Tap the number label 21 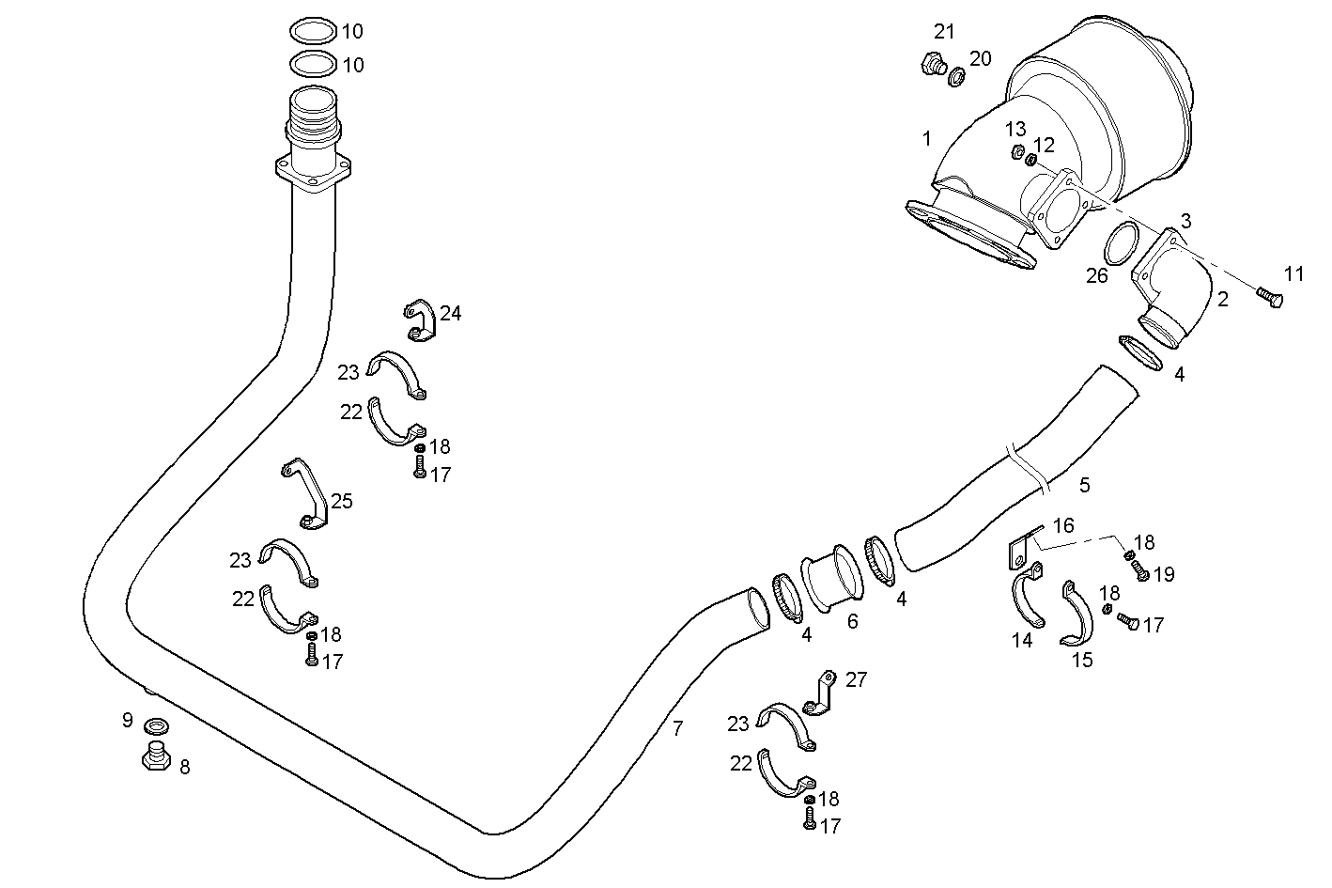coord(944,32)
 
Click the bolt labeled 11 coord(1269,297)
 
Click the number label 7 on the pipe coord(677,726)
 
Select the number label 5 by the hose coord(1085,485)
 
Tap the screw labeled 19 coord(1141,572)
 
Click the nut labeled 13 coord(1016,151)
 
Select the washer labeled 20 coord(955,75)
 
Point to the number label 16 coord(1062,525)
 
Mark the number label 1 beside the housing coord(926,139)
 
